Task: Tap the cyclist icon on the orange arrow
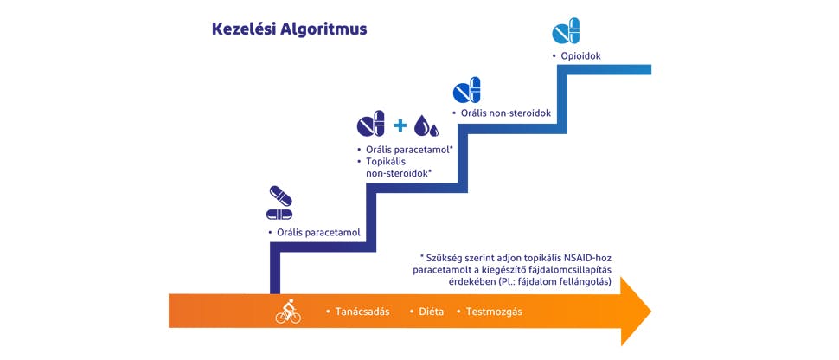(288, 311)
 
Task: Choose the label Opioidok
(581, 56)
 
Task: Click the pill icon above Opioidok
(566, 32)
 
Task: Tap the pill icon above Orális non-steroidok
(467, 90)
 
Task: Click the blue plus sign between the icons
(400, 126)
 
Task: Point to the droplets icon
(426, 126)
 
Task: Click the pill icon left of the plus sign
(370, 125)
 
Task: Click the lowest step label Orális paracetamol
(317, 233)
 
